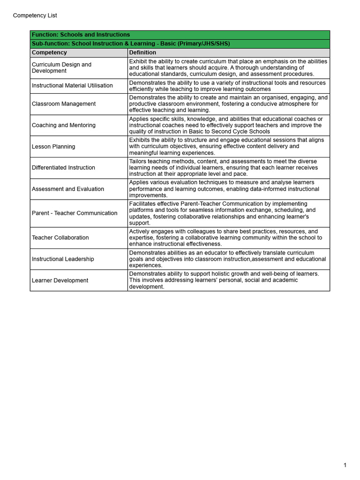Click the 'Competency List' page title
point(35,15)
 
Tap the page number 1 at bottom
point(345,465)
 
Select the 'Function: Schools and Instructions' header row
point(81,35)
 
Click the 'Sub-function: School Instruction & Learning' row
point(131,44)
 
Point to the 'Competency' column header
point(49,52)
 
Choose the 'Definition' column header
point(142,52)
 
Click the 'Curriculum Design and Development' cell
point(61,67)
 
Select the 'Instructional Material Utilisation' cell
point(72,86)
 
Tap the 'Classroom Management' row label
point(63,104)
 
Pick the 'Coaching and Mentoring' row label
point(63,125)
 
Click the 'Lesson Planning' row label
point(53,147)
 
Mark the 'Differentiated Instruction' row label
point(63,167)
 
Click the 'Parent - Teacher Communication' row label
point(75,213)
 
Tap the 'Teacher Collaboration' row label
point(60,238)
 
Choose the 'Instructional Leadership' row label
point(63,259)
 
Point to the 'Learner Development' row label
point(60,280)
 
